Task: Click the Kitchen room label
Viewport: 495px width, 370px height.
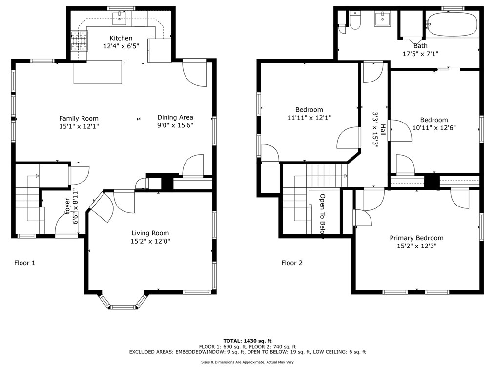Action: [121, 38]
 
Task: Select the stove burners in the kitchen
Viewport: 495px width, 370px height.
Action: [79, 41]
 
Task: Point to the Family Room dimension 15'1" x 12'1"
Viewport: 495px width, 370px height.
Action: [79, 126]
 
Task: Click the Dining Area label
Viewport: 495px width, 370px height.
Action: [175, 117]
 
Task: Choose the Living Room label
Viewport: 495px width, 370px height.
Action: [150, 233]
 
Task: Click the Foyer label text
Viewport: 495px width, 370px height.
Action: [67, 206]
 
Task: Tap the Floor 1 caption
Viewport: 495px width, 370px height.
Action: [24, 263]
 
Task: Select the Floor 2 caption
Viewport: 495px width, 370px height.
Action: [292, 263]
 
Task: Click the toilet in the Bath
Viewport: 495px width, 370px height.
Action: [355, 20]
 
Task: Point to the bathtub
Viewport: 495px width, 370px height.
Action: [452, 24]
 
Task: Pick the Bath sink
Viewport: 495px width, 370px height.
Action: [382, 19]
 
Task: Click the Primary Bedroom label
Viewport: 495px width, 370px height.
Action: [416, 238]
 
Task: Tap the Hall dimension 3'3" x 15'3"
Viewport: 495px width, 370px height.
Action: [375, 130]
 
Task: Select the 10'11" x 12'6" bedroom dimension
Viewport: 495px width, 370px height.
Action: [434, 128]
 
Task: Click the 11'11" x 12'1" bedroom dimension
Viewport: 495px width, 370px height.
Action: [309, 118]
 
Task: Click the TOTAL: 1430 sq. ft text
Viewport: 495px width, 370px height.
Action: [247, 341]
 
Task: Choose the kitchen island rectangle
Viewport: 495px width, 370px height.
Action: [98, 72]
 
